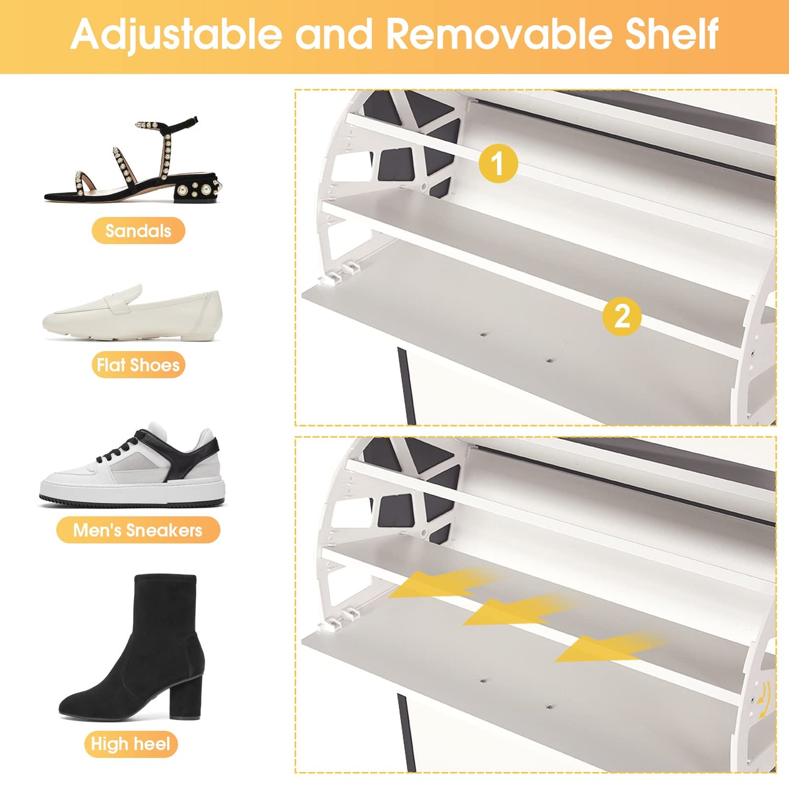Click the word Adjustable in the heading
pyautogui.click(x=177, y=35)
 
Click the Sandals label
pyautogui.click(x=138, y=230)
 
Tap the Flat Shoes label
pyautogui.click(x=138, y=365)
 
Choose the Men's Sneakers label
pyautogui.click(x=138, y=530)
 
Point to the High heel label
pyautogui.click(x=130, y=744)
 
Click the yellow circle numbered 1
pyautogui.click(x=498, y=163)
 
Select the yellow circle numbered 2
pyautogui.click(x=622, y=316)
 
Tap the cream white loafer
pyautogui.click(x=132, y=313)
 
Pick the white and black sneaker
pyautogui.click(x=132, y=465)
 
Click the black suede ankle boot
pyautogui.click(x=131, y=648)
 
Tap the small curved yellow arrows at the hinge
pyautogui.click(x=764, y=700)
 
